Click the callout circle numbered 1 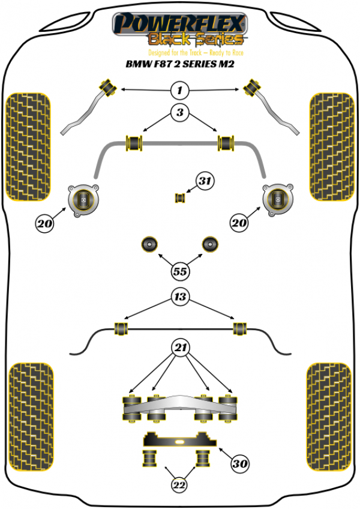(179, 91)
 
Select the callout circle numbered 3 (179, 112)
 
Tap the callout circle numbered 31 (206, 181)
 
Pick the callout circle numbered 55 (179, 271)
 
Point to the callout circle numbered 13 (179, 296)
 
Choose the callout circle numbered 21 (179, 347)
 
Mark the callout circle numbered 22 (179, 485)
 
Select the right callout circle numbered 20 (239, 223)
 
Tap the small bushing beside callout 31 (179, 197)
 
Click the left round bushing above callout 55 (149, 244)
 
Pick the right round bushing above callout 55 (210, 244)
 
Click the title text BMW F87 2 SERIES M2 (179, 64)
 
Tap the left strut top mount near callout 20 (82, 199)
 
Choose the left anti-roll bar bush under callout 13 (122, 328)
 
